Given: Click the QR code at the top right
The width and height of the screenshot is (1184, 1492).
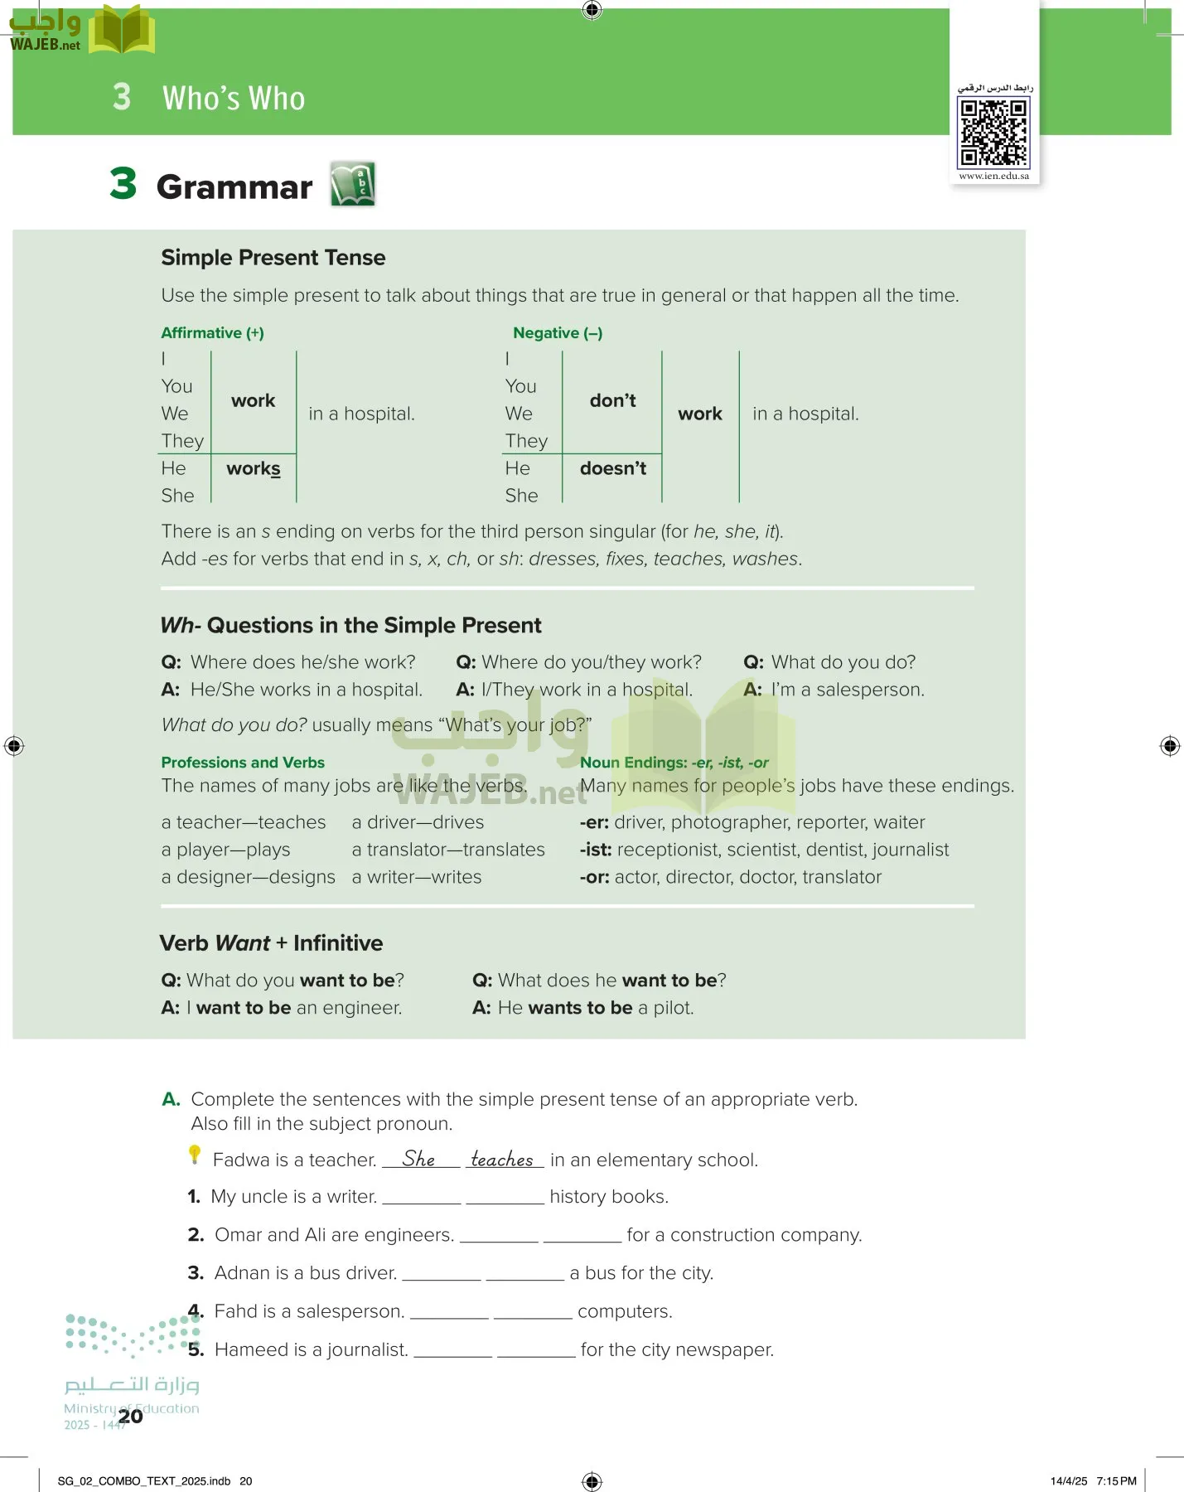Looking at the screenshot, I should (993, 133).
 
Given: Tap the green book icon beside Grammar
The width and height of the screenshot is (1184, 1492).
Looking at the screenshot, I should (353, 183).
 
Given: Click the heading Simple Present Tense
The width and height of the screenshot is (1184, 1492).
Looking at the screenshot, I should (273, 258).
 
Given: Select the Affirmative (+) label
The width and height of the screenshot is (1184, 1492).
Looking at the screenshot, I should (212, 333).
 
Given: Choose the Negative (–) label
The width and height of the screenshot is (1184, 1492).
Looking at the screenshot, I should (558, 333).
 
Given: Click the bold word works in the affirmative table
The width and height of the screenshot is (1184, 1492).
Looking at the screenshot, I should (254, 469).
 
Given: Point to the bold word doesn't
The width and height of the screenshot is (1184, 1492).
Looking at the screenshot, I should (612, 469).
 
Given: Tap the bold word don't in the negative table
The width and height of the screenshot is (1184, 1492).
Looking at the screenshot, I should (612, 401).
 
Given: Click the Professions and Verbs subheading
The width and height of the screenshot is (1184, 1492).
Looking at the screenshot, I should (243, 763).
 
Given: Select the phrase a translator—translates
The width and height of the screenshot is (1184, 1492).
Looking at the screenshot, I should (448, 850).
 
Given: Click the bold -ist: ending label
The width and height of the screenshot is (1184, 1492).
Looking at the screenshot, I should (596, 850).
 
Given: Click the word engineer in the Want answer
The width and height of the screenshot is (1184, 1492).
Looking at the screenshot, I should (361, 1008).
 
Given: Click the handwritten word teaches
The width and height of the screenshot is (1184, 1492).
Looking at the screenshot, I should (502, 1159).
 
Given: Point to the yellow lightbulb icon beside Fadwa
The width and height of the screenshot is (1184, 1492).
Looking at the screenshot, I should (195, 1154).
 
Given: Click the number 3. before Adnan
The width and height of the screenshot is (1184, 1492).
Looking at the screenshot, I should (196, 1273).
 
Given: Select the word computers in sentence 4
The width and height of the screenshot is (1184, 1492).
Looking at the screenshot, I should (624, 1311).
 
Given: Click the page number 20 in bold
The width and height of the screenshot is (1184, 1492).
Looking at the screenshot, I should (130, 1417).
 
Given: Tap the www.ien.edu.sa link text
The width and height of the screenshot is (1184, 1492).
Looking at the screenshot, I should (993, 176).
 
